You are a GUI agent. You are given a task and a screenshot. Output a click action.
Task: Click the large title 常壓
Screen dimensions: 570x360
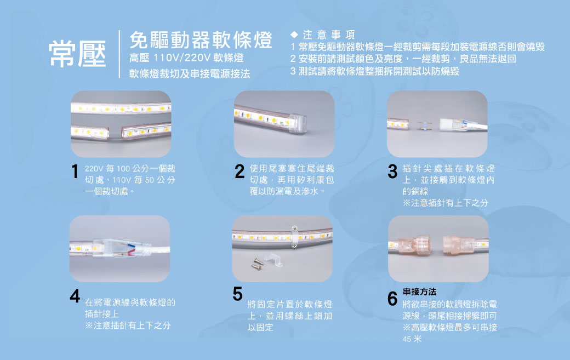point(77,54)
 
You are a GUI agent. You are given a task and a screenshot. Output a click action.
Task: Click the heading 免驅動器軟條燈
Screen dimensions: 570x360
point(201,40)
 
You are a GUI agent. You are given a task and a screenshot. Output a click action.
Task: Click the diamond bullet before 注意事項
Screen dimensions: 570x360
point(294,35)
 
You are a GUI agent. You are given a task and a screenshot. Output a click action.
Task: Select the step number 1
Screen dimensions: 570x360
point(75,172)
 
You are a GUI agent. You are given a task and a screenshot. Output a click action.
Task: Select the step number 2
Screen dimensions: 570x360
point(240,172)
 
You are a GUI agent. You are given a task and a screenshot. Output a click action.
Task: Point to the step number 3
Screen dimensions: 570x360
point(392,172)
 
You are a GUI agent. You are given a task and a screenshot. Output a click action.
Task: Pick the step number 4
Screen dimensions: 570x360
point(75,296)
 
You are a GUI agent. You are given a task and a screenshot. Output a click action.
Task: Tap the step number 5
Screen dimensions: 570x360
point(237,294)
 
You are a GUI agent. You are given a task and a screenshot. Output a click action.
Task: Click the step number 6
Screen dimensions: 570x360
point(392,299)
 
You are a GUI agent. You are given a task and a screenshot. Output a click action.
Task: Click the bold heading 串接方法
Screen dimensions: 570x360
point(419,292)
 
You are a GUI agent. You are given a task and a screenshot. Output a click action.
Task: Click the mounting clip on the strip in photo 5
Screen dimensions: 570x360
point(295,237)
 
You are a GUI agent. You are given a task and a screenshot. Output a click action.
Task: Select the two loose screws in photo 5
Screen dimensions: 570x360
point(258,264)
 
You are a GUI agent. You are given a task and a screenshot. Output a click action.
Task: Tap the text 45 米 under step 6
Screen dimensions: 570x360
point(412,339)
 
